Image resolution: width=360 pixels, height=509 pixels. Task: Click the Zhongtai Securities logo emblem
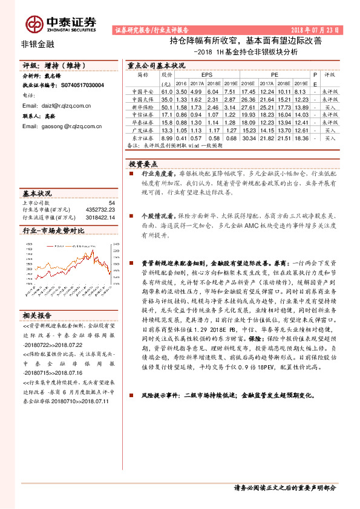coord(34,23)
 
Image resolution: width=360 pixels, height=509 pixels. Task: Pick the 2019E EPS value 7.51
coord(228,91)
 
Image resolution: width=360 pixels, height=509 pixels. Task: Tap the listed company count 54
coord(111,203)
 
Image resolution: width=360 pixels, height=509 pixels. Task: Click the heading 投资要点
coord(143,164)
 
